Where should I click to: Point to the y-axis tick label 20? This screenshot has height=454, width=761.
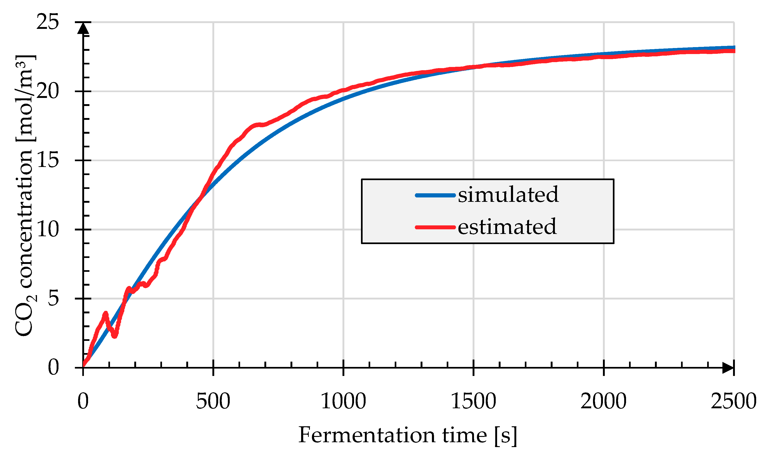47,91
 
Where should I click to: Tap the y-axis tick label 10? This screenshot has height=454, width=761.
47,230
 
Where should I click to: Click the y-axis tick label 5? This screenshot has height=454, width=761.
53,299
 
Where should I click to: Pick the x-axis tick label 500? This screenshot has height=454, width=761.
213,401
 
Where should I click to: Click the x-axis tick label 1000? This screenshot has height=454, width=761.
343,401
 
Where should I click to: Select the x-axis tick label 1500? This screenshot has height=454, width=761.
474,401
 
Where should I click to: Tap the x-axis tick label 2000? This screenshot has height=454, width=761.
604,401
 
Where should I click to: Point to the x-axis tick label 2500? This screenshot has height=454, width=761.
733,401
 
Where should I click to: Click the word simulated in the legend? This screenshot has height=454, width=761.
508,195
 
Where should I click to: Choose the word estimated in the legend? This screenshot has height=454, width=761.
507,227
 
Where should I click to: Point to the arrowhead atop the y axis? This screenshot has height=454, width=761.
83,28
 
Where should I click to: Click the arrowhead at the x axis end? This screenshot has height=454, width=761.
728,368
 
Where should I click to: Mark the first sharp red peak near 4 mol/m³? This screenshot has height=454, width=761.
106,313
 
